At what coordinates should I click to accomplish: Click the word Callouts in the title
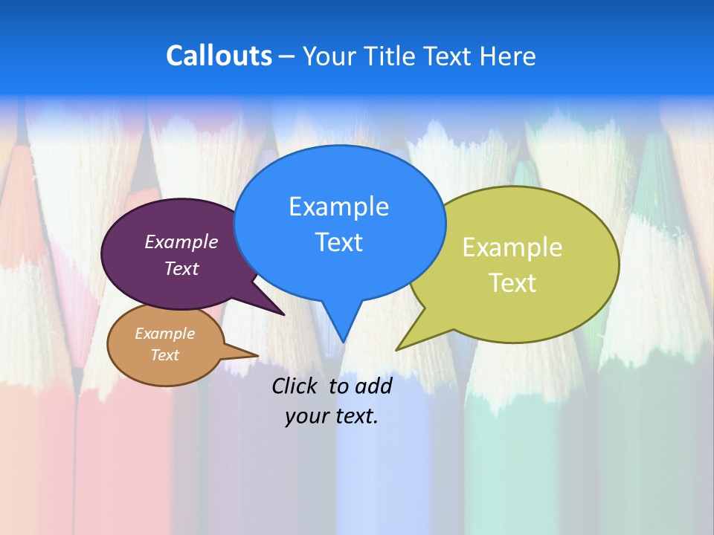[219, 56]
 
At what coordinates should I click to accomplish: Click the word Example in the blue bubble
[338, 207]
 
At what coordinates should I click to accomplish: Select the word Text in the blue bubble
[338, 242]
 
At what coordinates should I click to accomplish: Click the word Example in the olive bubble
[512, 247]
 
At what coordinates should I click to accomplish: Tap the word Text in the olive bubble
[512, 283]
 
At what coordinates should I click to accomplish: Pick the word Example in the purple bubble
[181, 242]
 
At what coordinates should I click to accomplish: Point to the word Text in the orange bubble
[165, 355]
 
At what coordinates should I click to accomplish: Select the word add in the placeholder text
[373, 386]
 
